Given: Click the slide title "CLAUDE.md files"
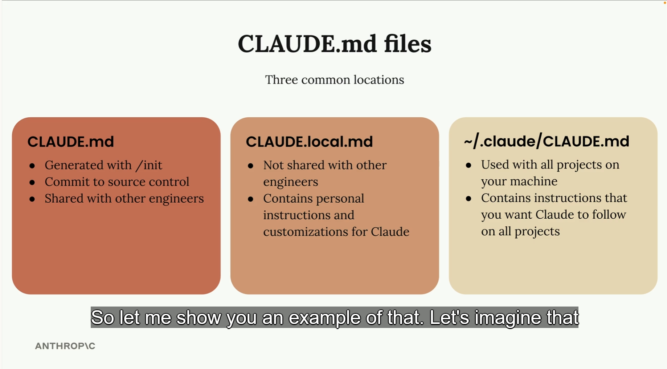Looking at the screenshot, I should point(334,44).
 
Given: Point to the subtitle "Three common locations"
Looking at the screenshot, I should point(334,80).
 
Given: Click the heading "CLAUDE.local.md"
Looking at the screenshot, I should point(309,142).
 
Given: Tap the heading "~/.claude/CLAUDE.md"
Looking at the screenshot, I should point(546,141).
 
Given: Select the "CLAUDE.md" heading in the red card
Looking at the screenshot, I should point(70,142).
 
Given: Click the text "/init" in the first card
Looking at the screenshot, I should point(149,165).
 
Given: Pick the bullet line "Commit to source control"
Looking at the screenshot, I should point(117,182).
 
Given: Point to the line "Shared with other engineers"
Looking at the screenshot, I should point(124,198).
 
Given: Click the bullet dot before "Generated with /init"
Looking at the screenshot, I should point(32,166).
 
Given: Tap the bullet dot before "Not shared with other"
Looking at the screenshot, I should point(250,166).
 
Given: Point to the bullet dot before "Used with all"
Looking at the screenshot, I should point(468,166).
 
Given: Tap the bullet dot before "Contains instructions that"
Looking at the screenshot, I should point(468,199).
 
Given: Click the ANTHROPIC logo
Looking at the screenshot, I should point(65,346).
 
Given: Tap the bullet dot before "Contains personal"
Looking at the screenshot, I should point(250,199).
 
